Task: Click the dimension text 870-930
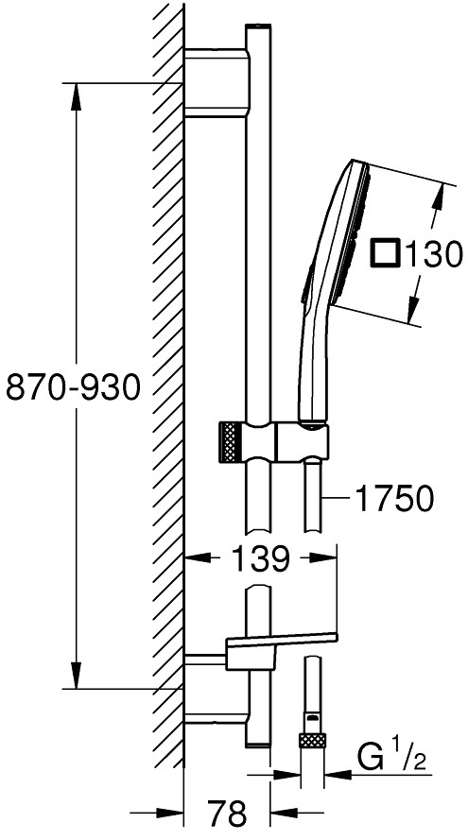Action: pyautogui.click(x=73, y=386)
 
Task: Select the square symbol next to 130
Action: pyautogui.click(x=386, y=253)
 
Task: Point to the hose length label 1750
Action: pyautogui.click(x=394, y=498)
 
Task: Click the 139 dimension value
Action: pyautogui.click(x=261, y=558)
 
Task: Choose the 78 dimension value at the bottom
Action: pyautogui.click(x=228, y=814)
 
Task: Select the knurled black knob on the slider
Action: pyautogui.click(x=229, y=442)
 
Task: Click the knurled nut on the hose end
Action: pyautogui.click(x=313, y=741)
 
